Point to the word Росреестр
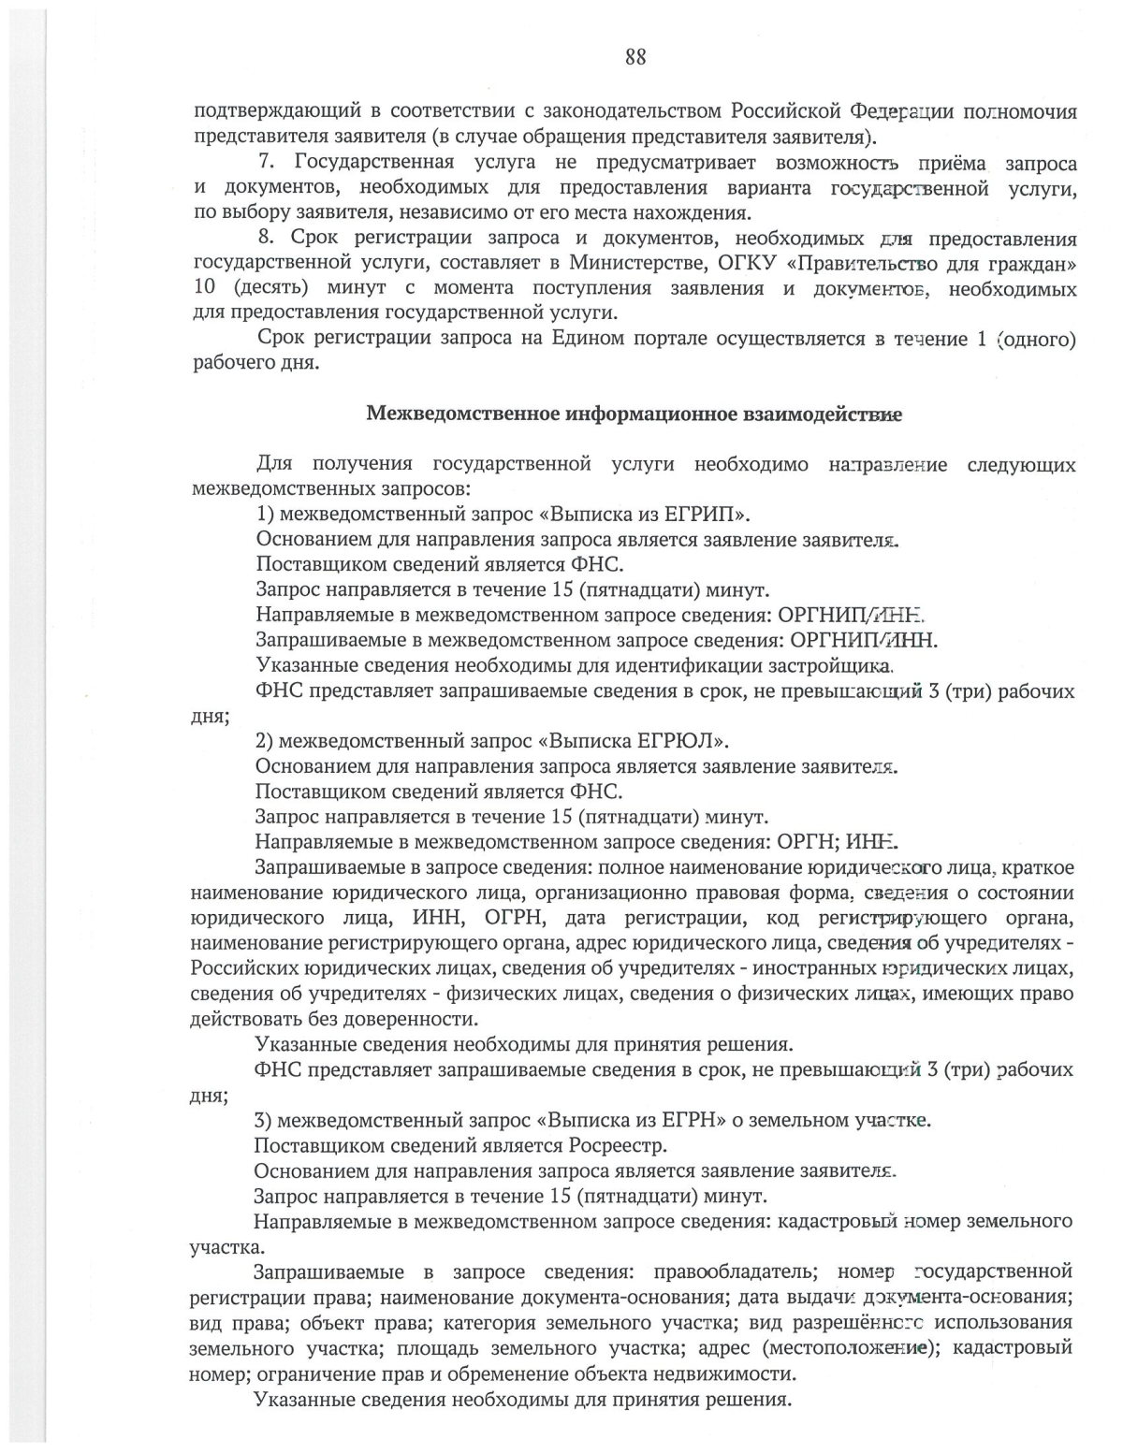click(x=617, y=1145)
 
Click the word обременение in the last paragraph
click(x=561, y=1374)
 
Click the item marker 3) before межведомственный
click(x=264, y=1120)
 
